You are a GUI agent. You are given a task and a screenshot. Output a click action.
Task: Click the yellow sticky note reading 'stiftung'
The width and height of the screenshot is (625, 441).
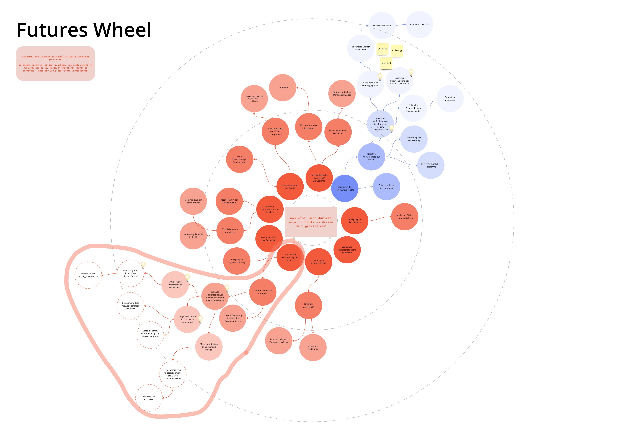pos(397,51)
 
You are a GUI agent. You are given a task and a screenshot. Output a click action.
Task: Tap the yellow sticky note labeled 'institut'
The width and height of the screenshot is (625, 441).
pos(386,63)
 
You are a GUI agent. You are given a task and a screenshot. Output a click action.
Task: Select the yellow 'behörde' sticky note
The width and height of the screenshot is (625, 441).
pos(383,49)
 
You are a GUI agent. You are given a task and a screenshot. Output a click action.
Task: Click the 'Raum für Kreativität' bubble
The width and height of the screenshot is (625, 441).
pos(419,25)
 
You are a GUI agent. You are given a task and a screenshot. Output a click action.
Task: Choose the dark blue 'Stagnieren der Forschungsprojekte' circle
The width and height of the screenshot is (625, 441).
pos(345,188)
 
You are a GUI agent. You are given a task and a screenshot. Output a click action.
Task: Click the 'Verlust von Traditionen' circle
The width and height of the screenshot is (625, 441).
pos(313,347)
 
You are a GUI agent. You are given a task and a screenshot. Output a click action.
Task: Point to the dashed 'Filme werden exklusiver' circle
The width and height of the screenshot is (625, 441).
pos(149,398)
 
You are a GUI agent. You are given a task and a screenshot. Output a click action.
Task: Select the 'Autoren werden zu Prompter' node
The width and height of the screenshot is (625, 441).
pos(263,292)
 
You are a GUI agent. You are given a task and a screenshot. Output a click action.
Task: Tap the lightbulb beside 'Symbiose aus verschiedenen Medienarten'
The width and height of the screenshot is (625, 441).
pos(187,278)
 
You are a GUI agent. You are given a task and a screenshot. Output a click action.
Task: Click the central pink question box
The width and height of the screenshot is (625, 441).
pos(311,222)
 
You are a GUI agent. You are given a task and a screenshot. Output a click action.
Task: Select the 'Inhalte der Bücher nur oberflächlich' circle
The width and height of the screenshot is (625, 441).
pos(404,217)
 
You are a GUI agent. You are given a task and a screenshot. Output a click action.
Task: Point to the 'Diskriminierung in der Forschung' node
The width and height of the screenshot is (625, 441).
pos(193,201)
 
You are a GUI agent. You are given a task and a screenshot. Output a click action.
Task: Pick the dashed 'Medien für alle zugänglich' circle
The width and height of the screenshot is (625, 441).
pos(88,275)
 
